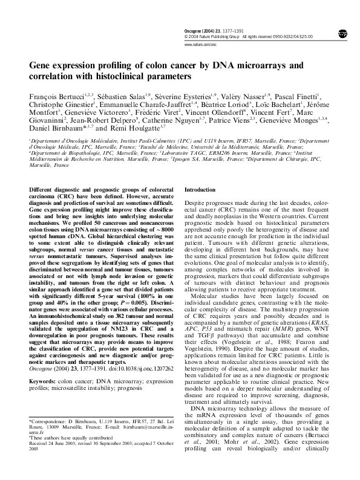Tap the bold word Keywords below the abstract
[44, 365]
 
